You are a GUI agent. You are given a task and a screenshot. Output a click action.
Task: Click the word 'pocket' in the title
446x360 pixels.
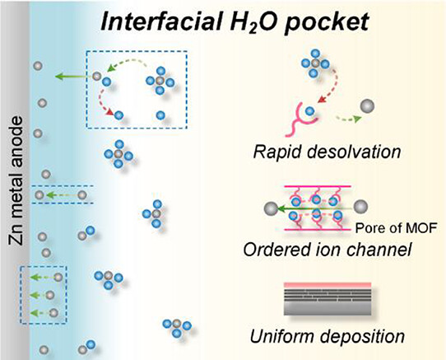[x=327, y=22]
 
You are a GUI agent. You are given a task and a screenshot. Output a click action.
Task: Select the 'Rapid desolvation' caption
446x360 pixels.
[x=327, y=152]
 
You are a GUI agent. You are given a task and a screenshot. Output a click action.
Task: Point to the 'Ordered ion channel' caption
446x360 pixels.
[x=328, y=250]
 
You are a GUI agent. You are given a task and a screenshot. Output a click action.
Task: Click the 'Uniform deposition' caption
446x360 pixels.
[x=328, y=336]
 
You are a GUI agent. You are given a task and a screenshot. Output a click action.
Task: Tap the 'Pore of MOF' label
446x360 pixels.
[x=396, y=228]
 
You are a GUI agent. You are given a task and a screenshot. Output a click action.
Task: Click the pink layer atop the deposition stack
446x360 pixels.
[x=328, y=285]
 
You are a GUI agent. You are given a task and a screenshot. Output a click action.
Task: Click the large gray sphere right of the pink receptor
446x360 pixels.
[x=367, y=106]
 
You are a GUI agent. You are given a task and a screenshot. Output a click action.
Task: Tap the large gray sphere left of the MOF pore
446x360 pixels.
[x=271, y=208]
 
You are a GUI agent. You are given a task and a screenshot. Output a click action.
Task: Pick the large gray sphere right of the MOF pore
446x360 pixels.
[x=360, y=207]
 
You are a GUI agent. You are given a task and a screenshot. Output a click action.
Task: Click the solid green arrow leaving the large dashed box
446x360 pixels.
[x=73, y=77]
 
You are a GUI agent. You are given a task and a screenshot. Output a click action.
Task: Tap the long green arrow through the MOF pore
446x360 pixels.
[x=316, y=209]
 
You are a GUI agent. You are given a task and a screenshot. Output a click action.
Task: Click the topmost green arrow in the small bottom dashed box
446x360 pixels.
[x=42, y=277]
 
